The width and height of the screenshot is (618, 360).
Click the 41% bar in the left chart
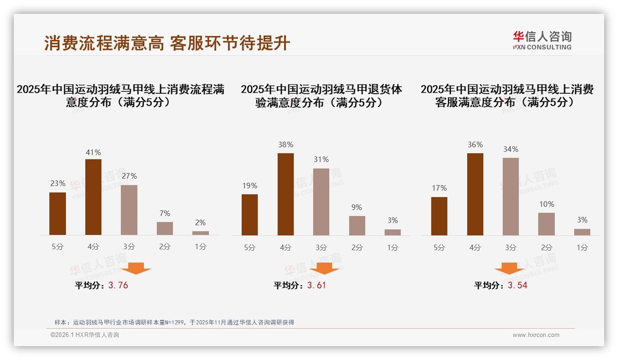pyautogui.click(x=93, y=197)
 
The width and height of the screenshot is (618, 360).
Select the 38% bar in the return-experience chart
pyautogui.click(x=285, y=194)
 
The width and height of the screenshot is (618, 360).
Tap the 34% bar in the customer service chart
pyautogui.click(x=511, y=197)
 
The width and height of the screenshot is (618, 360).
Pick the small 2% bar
pyautogui.click(x=201, y=233)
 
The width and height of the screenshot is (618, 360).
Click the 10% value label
pyautogui.click(x=547, y=204)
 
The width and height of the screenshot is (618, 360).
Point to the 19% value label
pyautogui.click(x=250, y=186)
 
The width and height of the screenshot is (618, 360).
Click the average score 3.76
pyautogui.click(x=118, y=285)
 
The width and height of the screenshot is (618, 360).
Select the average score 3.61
pyautogui.click(x=316, y=285)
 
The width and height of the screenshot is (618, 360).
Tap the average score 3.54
pyautogui.click(x=517, y=285)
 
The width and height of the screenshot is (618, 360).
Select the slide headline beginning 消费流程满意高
pyautogui.click(x=167, y=43)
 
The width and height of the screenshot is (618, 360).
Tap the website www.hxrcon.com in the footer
pyautogui.click(x=536, y=335)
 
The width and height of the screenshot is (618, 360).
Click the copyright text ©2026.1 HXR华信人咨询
pyautogui.click(x=85, y=335)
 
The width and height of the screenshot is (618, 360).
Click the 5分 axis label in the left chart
pyautogui.click(x=58, y=247)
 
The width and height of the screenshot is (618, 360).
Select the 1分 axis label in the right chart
pyautogui.click(x=582, y=247)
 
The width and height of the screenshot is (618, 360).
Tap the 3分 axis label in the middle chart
pyautogui.click(x=321, y=247)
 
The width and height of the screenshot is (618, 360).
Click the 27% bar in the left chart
pyautogui.click(x=129, y=210)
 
